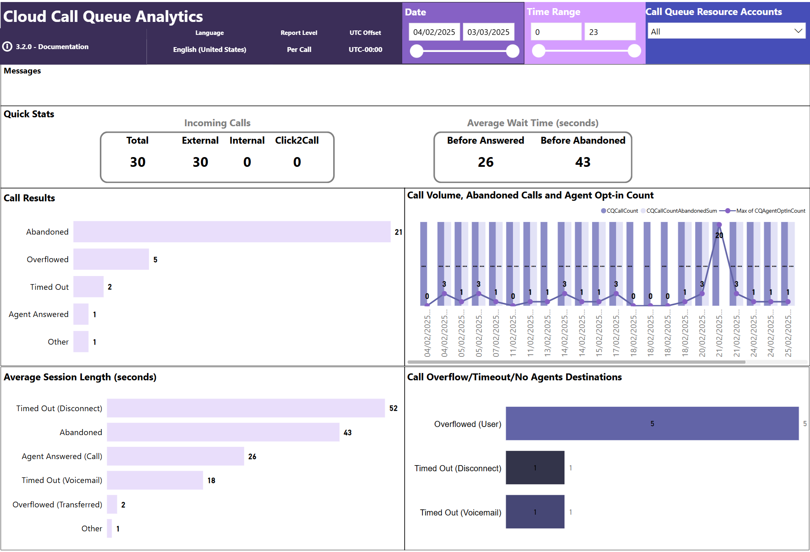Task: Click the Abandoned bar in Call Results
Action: coord(232,232)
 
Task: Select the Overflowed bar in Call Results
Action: coord(111,259)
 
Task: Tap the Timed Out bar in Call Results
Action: coord(88,287)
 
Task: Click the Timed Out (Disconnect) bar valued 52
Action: coord(246,408)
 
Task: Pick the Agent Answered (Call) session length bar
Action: coord(175,456)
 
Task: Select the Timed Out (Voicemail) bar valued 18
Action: coord(155,480)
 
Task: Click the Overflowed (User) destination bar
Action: coord(652,423)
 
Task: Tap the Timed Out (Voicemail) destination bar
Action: coord(535,512)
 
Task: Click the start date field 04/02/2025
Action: coord(434,32)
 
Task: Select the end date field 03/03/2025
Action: coord(488,32)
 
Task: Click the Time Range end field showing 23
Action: coord(609,32)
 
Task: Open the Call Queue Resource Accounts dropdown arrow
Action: coord(798,31)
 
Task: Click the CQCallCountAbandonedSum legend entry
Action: coord(681,211)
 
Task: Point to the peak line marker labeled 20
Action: coord(719,225)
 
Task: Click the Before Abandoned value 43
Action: coord(583,162)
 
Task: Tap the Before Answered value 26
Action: coord(485,162)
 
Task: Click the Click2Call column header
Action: coord(297,140)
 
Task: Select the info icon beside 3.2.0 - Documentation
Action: coord(7,47)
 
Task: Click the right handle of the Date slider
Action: coord(513,51)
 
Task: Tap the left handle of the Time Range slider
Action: coord(539,51)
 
